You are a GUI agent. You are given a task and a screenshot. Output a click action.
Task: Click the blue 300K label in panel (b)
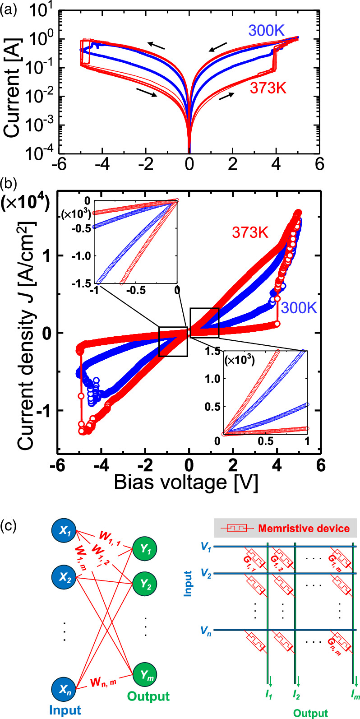tap(300, 308)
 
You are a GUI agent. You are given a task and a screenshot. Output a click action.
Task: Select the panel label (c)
tap(10, 527)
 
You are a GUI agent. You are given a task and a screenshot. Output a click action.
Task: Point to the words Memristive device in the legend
tap(303, 528)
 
